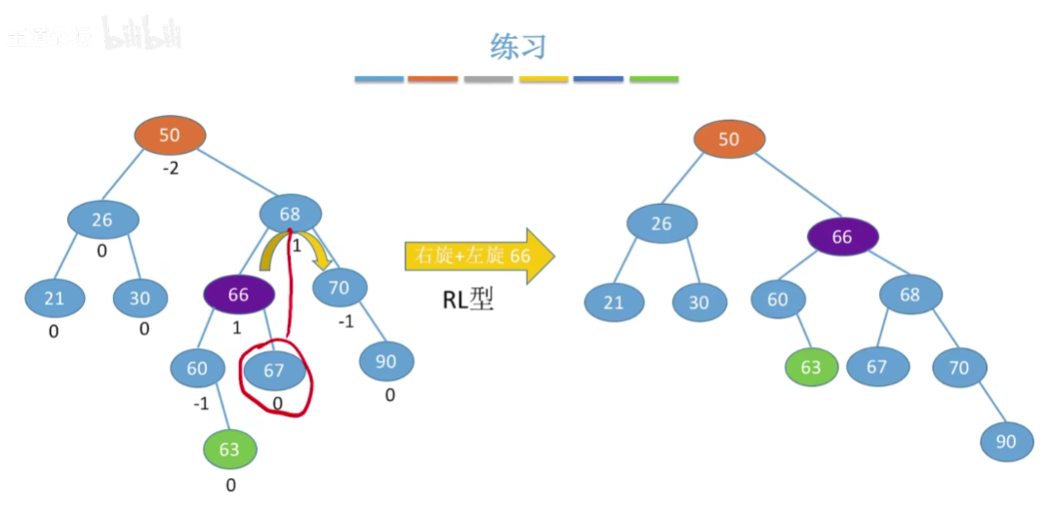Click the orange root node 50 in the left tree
click(170, 136)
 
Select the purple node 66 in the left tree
click(238, 294)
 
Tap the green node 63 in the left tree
click(229, 450)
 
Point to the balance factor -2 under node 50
click(171, 169)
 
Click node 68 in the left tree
click(290, 214)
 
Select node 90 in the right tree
click(1006, 441)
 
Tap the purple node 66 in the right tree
click(842, 236)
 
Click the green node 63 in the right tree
click(811, 367)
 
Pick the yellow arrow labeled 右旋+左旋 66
click(479, 257)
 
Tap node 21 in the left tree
click(54, 299)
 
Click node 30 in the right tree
click(699, 302)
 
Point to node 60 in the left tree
click(197, 368)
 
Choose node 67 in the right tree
click(877, 367)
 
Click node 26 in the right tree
click(661, 223)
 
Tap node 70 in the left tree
click(339, 287)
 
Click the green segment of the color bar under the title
click(654, 79)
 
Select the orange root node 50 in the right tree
click(729, 140)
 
